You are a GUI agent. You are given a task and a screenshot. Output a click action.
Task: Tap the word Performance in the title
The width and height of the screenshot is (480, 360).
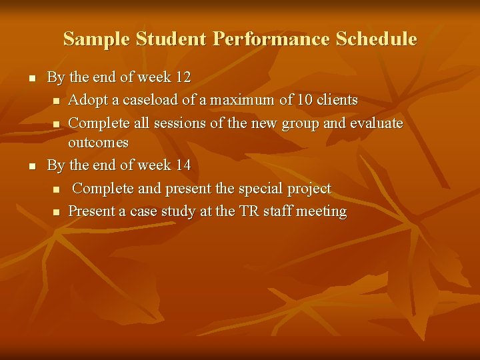click(271, 39)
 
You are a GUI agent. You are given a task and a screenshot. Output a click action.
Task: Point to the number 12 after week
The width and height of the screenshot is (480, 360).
click(182, 78)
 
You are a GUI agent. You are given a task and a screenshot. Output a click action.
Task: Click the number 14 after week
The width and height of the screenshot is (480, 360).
click(182, 165)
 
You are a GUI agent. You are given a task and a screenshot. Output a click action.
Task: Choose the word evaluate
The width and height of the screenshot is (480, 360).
click(377, 123)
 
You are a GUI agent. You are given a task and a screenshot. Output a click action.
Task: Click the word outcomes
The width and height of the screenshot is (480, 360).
click(98, 143)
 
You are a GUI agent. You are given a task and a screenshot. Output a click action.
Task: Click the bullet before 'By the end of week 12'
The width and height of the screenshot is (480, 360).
click(23, 79)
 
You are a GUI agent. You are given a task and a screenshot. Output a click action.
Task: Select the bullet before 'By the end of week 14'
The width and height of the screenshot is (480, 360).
click(23, 165)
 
